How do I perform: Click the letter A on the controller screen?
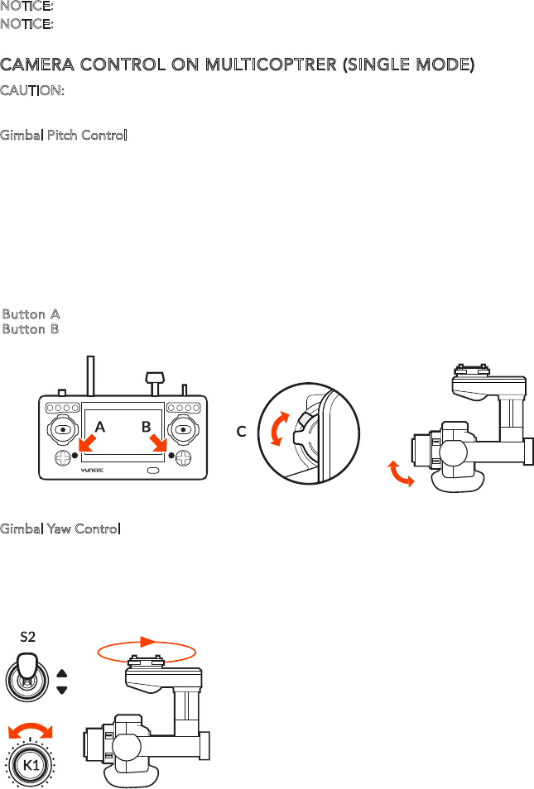tap(100, 428)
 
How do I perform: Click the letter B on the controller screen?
tap(146, 428)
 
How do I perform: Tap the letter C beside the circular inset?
tap(242, 431)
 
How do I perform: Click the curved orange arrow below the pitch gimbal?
tap(401, 475)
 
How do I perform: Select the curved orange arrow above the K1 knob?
tap(29, 729)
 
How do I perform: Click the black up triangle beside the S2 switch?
tap(62, 672)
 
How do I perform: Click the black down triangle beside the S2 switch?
tap(62, 689)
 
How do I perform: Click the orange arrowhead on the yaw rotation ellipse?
tap(148, 641)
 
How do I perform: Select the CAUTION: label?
tap(32, 90)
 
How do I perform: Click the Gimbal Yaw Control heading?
tap(61, 528)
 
